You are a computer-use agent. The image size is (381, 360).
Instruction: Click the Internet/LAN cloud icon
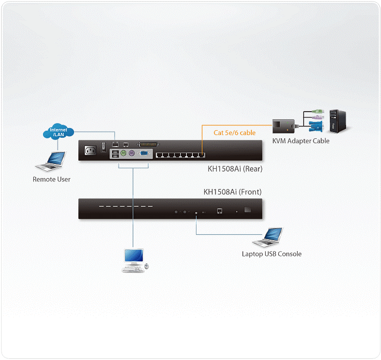coord(58,131)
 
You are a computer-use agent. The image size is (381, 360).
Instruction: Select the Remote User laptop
coord(51,161)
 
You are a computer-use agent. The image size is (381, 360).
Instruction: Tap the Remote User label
coord(52,179)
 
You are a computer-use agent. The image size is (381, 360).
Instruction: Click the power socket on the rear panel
coord(90,150)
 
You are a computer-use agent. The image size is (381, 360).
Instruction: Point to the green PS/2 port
coord(124,153)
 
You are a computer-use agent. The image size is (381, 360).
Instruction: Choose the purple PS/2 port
coord(132,153)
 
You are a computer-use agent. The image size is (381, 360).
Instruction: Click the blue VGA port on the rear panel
coord(144,153)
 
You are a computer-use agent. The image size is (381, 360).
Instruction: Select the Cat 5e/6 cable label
coord(235,133)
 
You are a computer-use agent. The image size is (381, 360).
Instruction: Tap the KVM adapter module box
coord(284,126)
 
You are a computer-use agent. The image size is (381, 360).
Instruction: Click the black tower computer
coord(338,121)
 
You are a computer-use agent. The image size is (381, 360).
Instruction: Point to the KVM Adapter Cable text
coord(301,141)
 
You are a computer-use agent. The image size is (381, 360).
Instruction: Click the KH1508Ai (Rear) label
coord(235,169)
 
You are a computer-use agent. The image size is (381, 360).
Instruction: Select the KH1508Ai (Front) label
coord(232,192)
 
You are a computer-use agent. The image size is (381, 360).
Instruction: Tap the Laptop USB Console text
coord(272,254)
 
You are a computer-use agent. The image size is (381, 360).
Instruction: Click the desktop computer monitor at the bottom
coord(134,256)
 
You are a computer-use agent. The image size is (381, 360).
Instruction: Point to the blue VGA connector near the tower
coord(316,126)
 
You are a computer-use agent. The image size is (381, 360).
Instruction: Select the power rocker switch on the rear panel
coord(103,147)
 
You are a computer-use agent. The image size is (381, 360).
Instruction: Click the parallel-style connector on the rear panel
coord(148,144)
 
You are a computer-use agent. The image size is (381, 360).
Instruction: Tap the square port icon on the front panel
coord(219,211)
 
